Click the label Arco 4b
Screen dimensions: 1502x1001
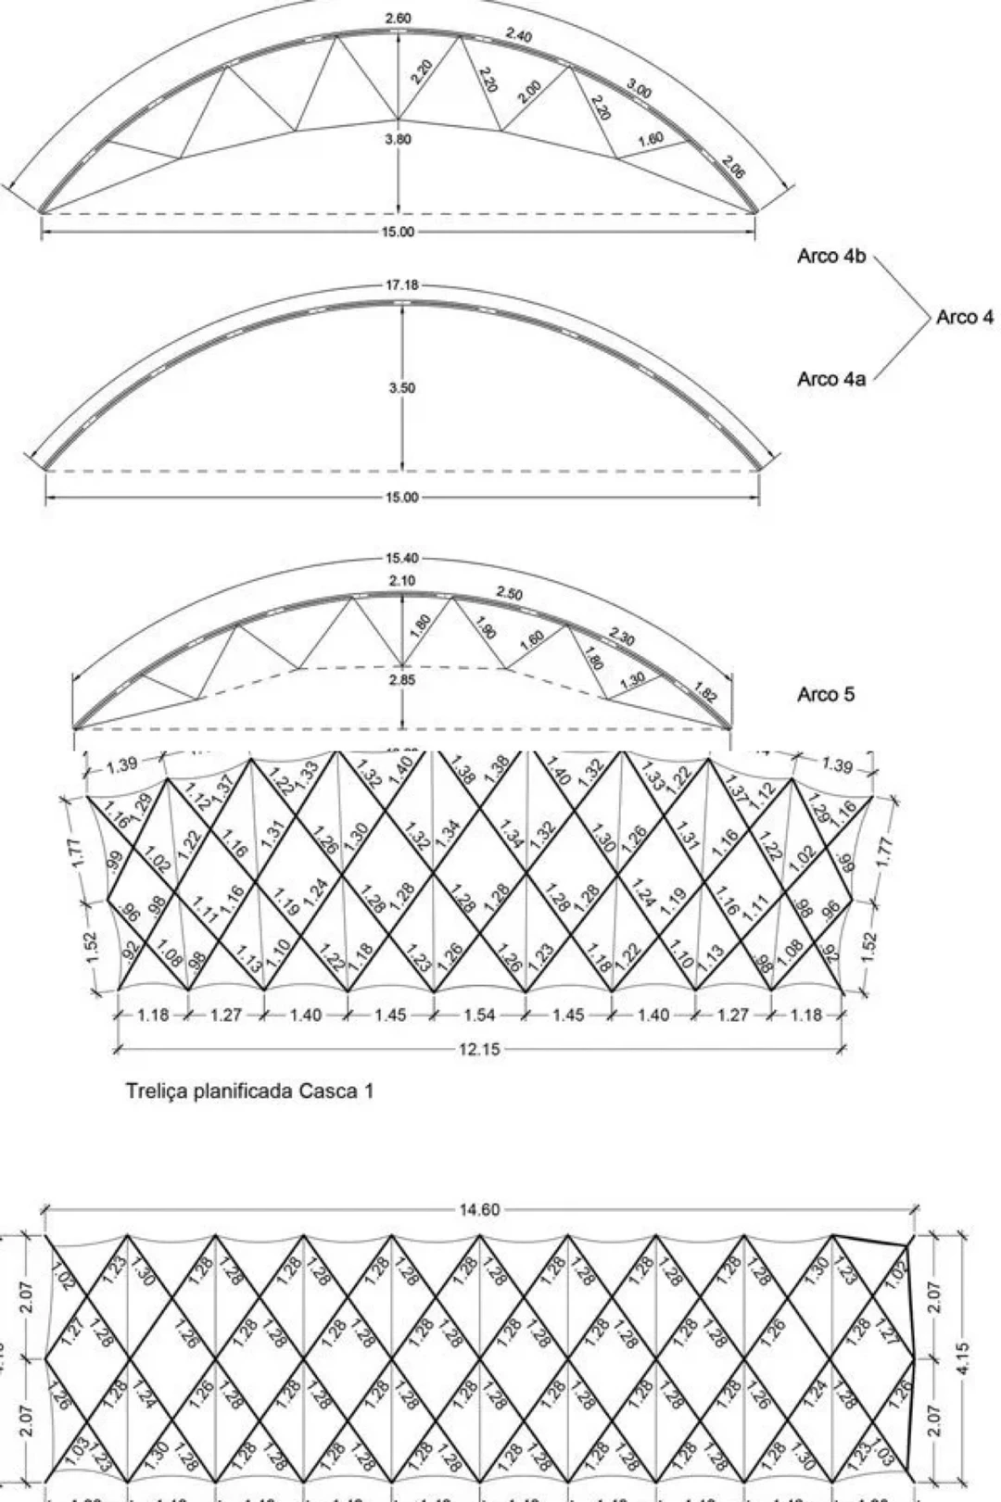click(x=830, y=257)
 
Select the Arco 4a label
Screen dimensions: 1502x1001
click(x=830, y=378)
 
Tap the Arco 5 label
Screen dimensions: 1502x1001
click(x=825, y=694)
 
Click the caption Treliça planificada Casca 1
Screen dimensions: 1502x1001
click(x=250, y=1091)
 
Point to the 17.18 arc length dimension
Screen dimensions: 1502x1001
click(x=402, y=284)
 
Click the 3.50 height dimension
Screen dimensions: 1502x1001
click(x=402, y=388)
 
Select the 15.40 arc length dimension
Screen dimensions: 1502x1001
click(x=402, y=559)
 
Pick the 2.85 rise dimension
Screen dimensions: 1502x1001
click(x=402, y=679)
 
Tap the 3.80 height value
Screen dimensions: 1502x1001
click(x=398, y=140)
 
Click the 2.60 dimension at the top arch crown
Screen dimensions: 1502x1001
click(x=398, y=19)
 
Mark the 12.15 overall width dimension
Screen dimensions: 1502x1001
click(x=479, y=1049)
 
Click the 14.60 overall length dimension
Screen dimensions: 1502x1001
click(x=479, y=1209)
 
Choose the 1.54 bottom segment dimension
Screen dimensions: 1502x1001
click(x=479, y=1015)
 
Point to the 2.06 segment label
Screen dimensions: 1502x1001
click(x=734, y=168)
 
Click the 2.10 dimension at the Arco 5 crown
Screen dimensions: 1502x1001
click(x=402, y=581)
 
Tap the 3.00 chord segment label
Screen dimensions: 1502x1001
click(x=640, y=90)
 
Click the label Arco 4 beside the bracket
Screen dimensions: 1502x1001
click(x=964, y=317)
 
